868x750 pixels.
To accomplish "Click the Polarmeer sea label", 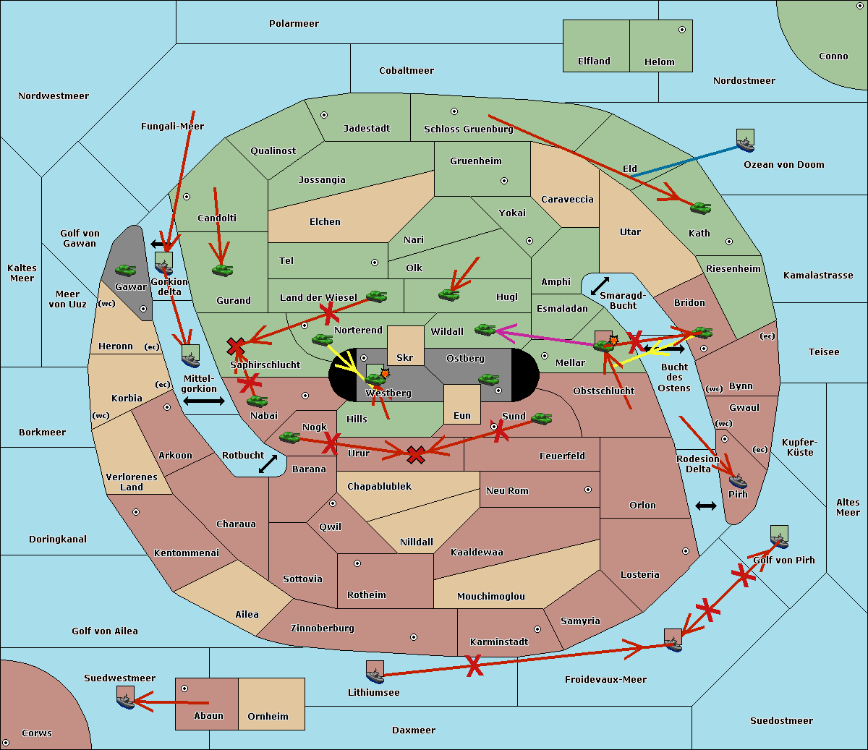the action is coord(294,24).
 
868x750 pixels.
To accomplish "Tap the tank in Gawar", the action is coord(126,270).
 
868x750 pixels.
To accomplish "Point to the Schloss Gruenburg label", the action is coord(468,129).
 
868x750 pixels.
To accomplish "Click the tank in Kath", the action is coord(700,208).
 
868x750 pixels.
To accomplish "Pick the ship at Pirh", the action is coord(738,481).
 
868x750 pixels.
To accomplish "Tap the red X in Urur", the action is coord(416,455).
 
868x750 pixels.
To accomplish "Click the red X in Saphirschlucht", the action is coord(236,346).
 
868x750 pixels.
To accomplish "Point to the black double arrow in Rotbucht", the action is coord(268,464).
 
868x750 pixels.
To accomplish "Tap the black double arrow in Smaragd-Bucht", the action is coord(600,286).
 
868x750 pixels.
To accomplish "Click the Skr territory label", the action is coord(404,357).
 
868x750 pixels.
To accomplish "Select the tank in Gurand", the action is coord(222,270).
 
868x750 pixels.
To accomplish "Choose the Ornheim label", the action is coord(268,716).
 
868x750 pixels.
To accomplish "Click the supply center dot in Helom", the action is coord(682,30).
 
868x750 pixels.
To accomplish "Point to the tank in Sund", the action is coord(541,418).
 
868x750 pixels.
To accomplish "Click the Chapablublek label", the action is coord(379,486).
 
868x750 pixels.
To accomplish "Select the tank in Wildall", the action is coord(485,329).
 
